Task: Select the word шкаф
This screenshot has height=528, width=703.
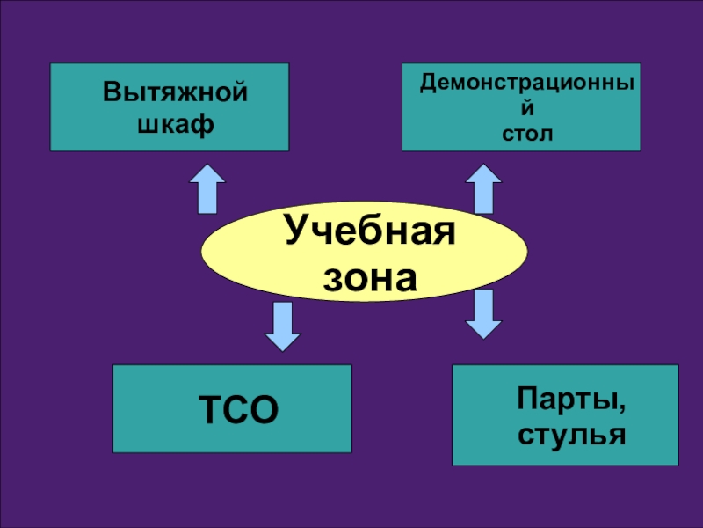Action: click(x=175, y=123)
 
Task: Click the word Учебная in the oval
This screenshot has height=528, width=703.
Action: click(x=369, y=233)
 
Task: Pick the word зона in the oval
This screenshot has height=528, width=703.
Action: click(x=369, y=279)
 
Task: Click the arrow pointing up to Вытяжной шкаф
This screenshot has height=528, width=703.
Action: click(x=207, y=188)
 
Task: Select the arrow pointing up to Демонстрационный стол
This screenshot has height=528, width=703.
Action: click(x=482, y=188)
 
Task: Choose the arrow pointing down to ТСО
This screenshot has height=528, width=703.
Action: click(x=282, y=327)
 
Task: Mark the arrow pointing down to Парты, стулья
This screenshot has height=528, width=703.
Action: click(x=482, y=314)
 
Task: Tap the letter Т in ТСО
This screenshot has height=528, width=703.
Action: click(x=210, y=409)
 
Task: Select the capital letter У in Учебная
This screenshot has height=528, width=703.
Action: click(x=296, y=234)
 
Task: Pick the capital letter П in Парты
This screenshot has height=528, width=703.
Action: click(x=525, y=403)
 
